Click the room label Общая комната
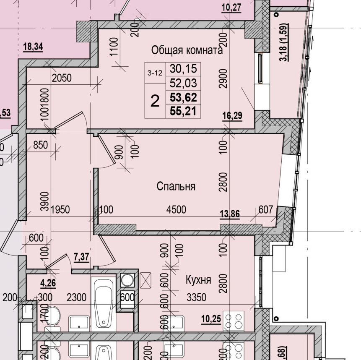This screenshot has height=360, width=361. pyautogui.click(x=187, y=50)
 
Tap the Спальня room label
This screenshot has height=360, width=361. pyautogui.click(x=176, y=186)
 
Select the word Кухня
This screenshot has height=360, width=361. pyautogui.click(x=198, y=279)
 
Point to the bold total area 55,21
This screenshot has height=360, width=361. pyautogui.click(x=183, y=111)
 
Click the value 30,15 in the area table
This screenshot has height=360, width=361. pyautogui.click(x=183, y=68)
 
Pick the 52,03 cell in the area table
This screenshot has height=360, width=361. pyautogui.click(x=183, y=83)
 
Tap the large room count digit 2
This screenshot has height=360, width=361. pyautogui.click(x=155, y=101)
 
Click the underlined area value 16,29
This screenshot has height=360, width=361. pyautogui.click(x=232, y=116)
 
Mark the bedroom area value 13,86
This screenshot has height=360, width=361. pyautogui.click(x=229, y=214)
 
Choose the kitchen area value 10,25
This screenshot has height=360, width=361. pyautogui.click(x=210, y=319)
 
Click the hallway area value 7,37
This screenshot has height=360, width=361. pyautogui.click(x=81, y=257)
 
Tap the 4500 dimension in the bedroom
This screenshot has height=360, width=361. pyautogui.click(x=176, y=210)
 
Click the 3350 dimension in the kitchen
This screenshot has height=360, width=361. pyautogui.click(x=196, y=297)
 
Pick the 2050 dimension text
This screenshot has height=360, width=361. pyautogui.click(x=62, y=78)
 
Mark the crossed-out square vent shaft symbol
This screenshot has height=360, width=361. pyautogui.click(x=146, y=279)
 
